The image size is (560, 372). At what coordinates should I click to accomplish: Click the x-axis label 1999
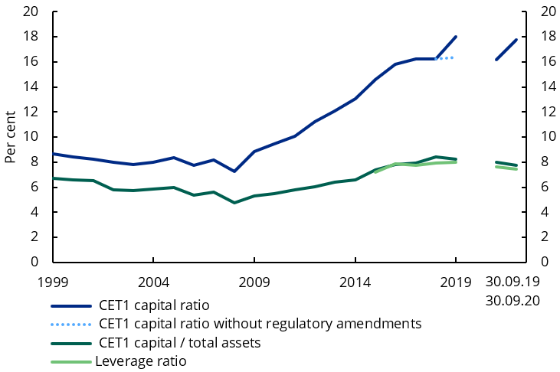pyautogui.click(x=52, y=281)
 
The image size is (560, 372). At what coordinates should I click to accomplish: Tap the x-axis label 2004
pyautogui.click(x=153, y=281)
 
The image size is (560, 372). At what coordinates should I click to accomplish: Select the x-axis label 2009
pyautogui.click(x=254, y=281)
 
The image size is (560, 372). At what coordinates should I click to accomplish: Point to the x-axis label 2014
pyautogui.click(x=355, y=281)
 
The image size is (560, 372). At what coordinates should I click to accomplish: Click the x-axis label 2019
pyautogui.click(x=457, y=281)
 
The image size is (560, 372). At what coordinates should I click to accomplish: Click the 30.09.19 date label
pyautogui.click(x=513, y=281)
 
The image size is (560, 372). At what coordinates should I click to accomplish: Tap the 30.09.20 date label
pyautogui.click(x=513, y=300)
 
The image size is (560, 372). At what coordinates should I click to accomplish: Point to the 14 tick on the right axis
pyautogui.click(x=549, y=86)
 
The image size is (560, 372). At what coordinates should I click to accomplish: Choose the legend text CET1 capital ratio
pyautogui.click(x=154, y=305)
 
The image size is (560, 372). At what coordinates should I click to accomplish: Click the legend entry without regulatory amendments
pyautogui.click(x=260, y=324)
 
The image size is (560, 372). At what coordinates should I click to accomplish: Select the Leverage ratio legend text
pyautogui.click(x=141, y=361)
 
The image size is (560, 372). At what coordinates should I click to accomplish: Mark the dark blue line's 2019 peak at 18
pyautogui.click(x=457, y=36)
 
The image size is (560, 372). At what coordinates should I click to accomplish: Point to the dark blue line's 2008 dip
pyautogui.click(x=234, y=171)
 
